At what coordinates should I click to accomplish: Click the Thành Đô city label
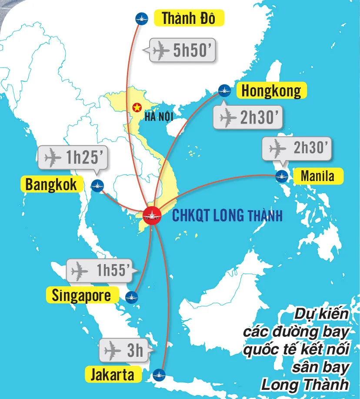[188, 19]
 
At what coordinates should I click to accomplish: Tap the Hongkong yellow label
[271, 91]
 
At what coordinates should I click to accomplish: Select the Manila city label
[317, 176]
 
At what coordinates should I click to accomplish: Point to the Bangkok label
[51, 184]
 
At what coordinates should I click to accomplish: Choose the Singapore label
[81, 295]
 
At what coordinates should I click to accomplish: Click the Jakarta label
[113, 375]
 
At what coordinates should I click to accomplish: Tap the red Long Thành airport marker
[152, 215]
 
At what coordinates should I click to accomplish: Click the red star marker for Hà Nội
[137, 107]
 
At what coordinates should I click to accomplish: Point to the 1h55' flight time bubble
[103, 271]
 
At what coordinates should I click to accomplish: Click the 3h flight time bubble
[126, 350]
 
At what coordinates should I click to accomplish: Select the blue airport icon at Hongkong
[224, 91]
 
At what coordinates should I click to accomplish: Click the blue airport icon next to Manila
[282, 176]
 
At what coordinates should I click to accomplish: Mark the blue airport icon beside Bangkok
[97, 185]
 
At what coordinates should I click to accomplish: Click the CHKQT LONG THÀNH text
[227, 215]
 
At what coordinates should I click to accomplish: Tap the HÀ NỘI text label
[156, 117]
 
